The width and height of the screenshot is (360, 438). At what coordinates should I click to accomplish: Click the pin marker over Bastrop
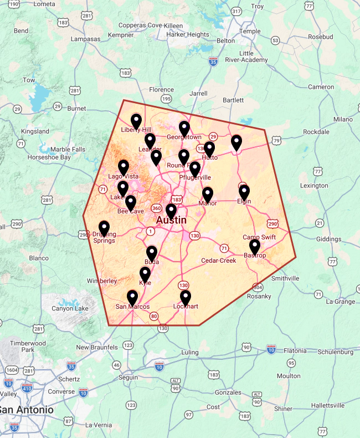click(x=254, y=246)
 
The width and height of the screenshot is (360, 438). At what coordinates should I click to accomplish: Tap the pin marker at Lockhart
click(x=186, y=298)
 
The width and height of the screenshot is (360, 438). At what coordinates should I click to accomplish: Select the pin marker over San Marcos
click(x=132, y=298)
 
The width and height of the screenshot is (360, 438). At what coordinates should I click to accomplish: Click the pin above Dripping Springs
click(x=104, y=228)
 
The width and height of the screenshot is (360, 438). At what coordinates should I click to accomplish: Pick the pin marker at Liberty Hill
click(x=136, y=121)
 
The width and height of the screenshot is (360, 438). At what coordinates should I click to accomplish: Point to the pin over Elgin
click(x=244, y=192)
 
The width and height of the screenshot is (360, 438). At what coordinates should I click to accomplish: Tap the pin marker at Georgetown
click(x=184, y=128)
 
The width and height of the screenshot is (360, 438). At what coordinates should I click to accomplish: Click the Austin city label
click(x=171, y=220)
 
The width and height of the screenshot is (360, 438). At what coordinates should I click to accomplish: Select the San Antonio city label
click(x=27, y=410)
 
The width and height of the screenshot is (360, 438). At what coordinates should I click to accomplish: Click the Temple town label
click(x=249, y=31)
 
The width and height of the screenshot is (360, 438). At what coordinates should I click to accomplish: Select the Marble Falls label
click(x=68, y=149)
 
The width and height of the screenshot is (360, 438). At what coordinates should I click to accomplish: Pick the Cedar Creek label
click(x=218, y=260)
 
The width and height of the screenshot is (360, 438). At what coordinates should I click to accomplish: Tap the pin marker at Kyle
click(x=145, y=274)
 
